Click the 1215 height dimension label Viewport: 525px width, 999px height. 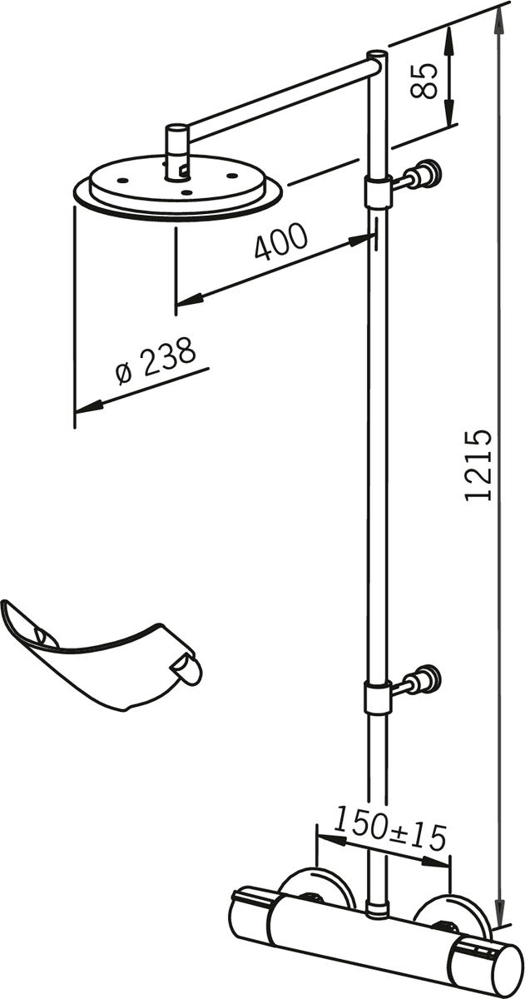pyautogui.click(x=478, y=465)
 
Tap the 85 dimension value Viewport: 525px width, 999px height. pyautogui.click(x=423, y=81)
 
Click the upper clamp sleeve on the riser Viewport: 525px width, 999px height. pyautogui.click(x=378, y=191)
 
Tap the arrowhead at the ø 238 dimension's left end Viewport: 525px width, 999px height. pyautogui.click(x=90, y=406)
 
